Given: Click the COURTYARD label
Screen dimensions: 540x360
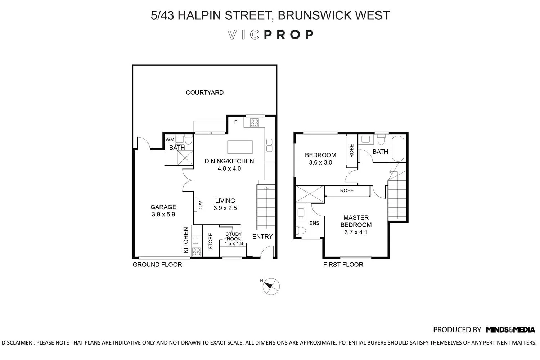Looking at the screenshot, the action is click(205, 93).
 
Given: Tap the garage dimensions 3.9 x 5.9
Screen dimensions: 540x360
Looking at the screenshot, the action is click(163, 214).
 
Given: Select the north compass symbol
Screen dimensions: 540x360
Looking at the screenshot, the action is click(271, 286).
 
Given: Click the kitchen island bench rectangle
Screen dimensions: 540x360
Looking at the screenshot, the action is click(240, 147).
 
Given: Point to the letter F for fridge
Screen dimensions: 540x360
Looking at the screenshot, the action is click(236, 122).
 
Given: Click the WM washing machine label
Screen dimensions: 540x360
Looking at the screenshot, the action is click(170, 140).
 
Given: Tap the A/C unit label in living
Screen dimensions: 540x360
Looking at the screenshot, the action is click(200, 205).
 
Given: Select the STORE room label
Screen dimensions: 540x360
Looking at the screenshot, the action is click(211, 241).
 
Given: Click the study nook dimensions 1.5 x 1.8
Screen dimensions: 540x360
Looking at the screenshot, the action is click(234, 243).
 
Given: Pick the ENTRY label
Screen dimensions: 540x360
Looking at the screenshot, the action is click(262, 237).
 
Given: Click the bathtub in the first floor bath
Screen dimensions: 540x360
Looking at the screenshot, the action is click(398, 149).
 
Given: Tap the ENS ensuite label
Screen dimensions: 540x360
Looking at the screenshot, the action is click(314, 223).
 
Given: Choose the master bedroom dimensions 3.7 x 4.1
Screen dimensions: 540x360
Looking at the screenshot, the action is click(356, 232).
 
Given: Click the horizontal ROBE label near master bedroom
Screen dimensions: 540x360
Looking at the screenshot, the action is click(347, 190).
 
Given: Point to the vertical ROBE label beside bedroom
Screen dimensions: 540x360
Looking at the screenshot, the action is click(351, 151).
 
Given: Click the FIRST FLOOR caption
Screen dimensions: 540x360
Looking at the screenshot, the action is click(343, 265).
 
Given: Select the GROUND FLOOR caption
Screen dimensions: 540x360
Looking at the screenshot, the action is click(157, 265).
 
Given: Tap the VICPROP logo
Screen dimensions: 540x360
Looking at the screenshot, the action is click(270, 35).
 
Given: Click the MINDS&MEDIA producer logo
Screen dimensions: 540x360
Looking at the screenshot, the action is click(510, 330).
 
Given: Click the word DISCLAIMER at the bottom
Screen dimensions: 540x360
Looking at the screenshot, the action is click(17, 343).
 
